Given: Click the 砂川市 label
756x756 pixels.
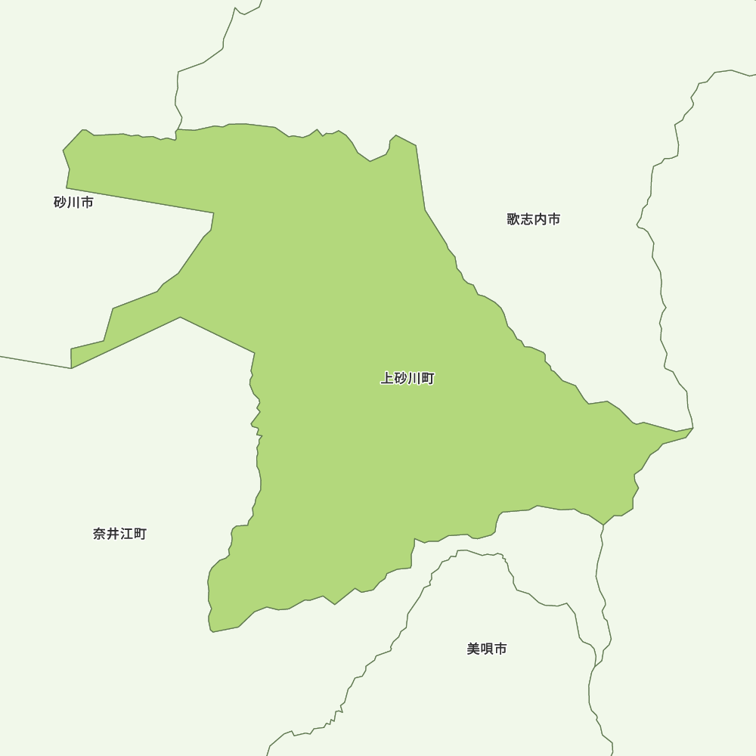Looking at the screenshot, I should coord(73,203).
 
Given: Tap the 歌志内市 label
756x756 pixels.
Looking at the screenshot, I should coord(534,219).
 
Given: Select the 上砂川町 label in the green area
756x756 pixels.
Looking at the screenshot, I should coord(407,379).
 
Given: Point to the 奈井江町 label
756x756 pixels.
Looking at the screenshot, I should coord(119,534).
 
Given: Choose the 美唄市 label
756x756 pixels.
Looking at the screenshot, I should coord(487,649).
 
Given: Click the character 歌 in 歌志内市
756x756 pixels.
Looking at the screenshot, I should coord(513,219).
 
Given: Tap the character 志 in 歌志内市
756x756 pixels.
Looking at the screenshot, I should coord(527,219).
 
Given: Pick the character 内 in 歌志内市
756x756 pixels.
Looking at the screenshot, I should coord(541,219).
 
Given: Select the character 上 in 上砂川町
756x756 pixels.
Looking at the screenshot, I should coord(387,379).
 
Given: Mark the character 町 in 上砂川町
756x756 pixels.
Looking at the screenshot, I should coord(428,379).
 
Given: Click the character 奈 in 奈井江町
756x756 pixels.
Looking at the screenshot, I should coord(99,534).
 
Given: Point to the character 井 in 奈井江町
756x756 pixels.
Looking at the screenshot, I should coord(113,534).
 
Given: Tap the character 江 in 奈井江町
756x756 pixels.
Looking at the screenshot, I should coord(126,534).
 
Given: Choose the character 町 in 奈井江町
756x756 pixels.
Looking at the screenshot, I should coord(140,534).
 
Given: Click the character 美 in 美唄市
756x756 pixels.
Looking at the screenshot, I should coord(473,649).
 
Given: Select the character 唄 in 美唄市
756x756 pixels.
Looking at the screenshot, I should coord(487,649).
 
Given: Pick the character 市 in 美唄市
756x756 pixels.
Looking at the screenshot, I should coord(500,649).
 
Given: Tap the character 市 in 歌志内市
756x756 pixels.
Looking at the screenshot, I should coord(554,219).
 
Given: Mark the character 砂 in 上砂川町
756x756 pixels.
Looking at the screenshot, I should coord(401,379).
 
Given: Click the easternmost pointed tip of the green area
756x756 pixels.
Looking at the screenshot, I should coord(692,429).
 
